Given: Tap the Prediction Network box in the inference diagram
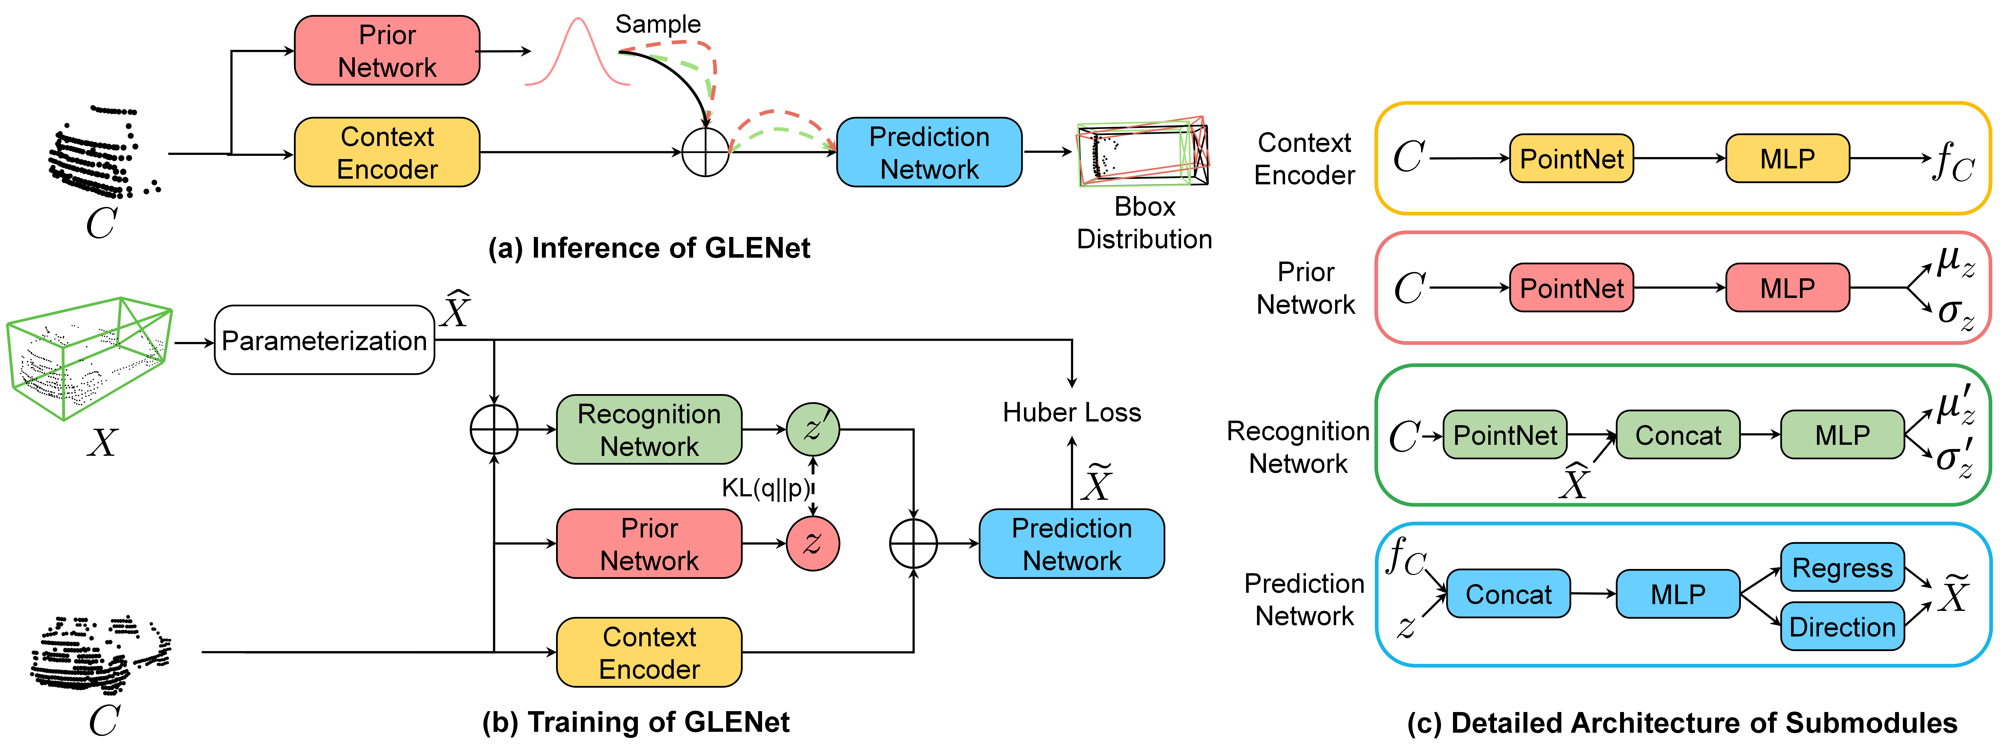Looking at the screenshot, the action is click(x=929, y=152).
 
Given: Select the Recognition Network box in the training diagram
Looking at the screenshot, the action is click(x=649, y=429).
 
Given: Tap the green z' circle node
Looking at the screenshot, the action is click(x=813, y=429).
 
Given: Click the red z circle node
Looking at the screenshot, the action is click(x=813, y=543).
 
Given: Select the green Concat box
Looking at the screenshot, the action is click(x=1678, y=435).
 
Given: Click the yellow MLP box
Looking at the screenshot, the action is click(x=1787, y=158).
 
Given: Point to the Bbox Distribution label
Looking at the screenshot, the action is click(x=1145, y=222).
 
